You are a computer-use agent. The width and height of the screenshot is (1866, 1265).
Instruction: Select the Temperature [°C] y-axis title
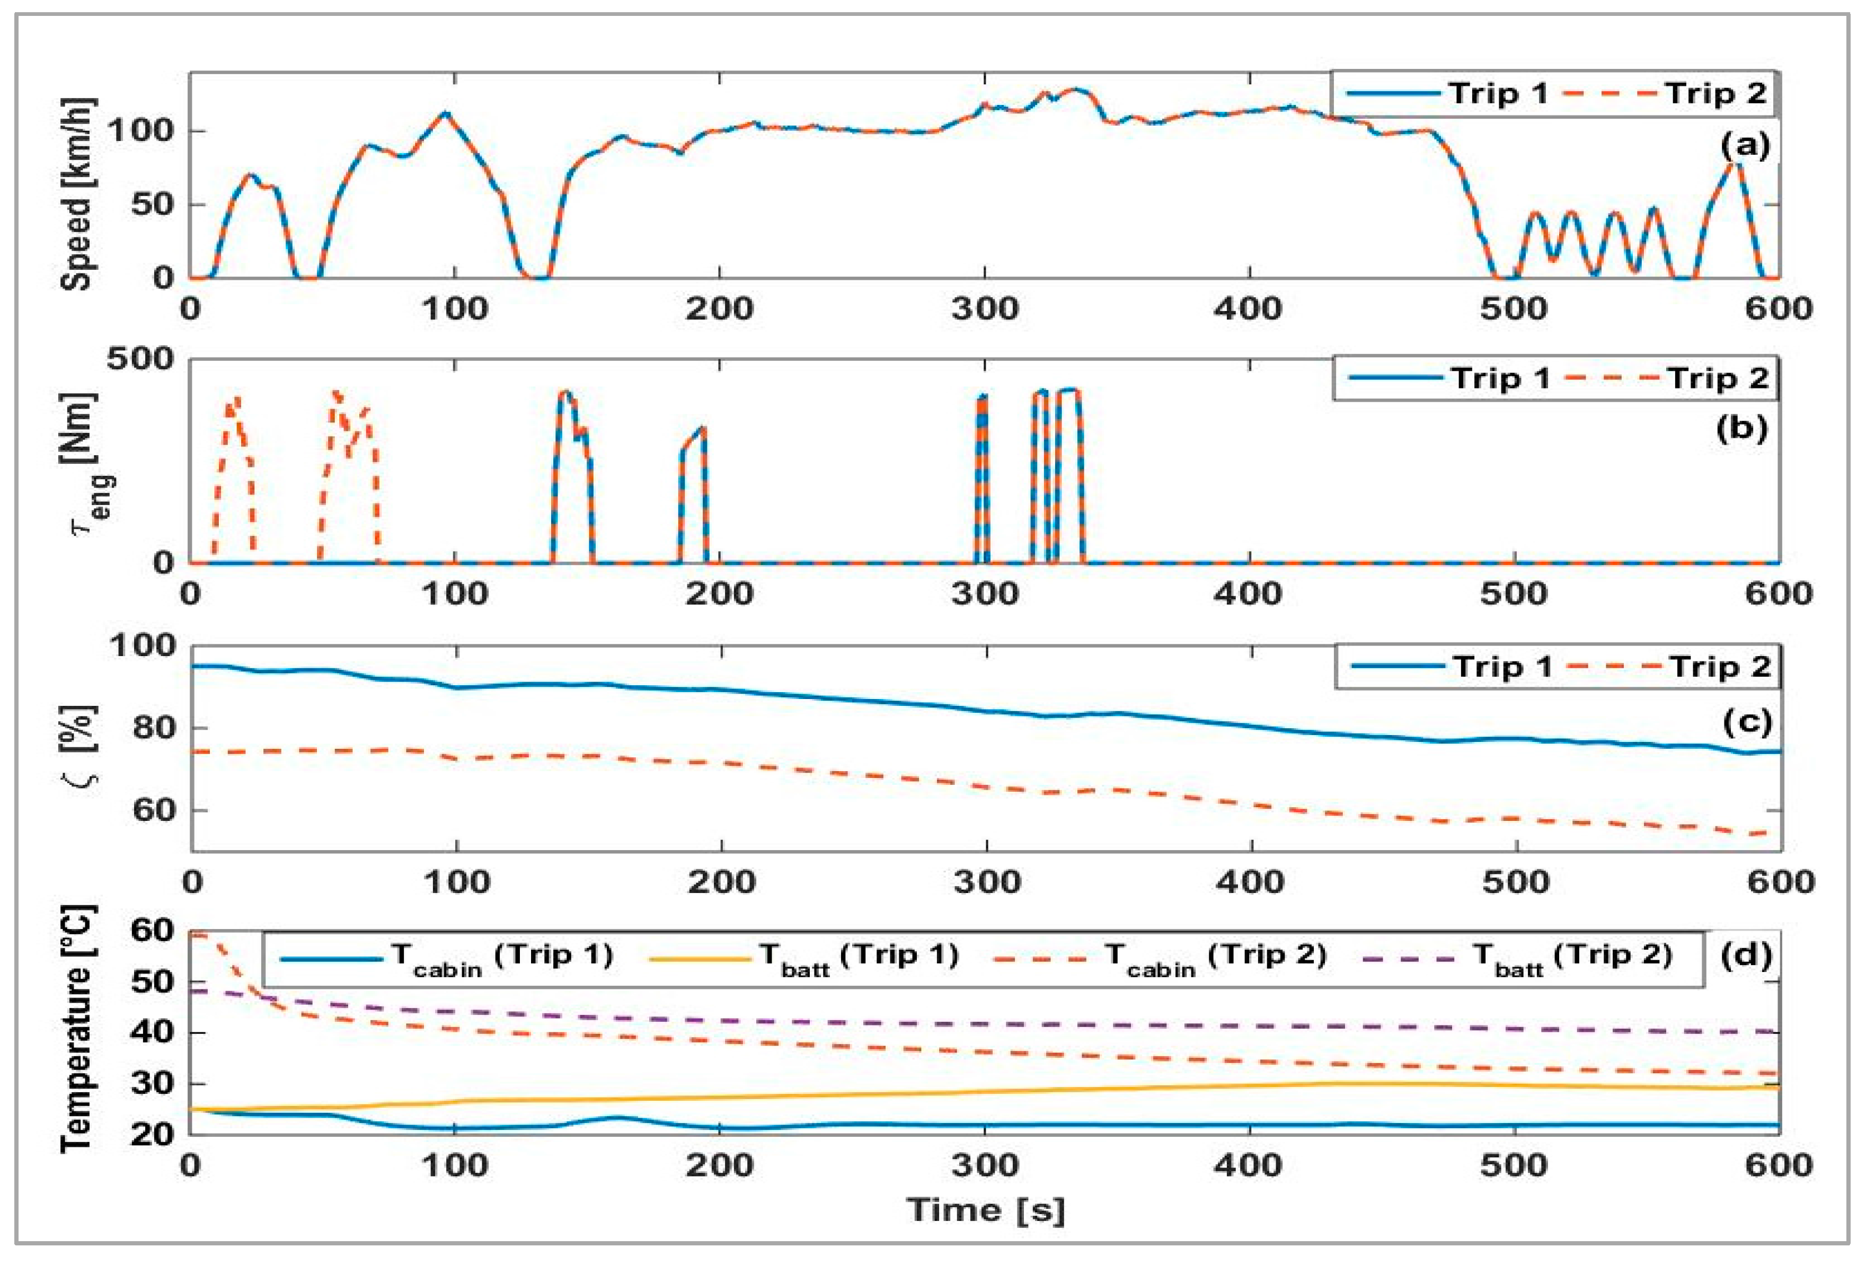(x=77, y=1029)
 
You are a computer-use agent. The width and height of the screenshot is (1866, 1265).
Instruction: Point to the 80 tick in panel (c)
(x=153, y=729)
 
